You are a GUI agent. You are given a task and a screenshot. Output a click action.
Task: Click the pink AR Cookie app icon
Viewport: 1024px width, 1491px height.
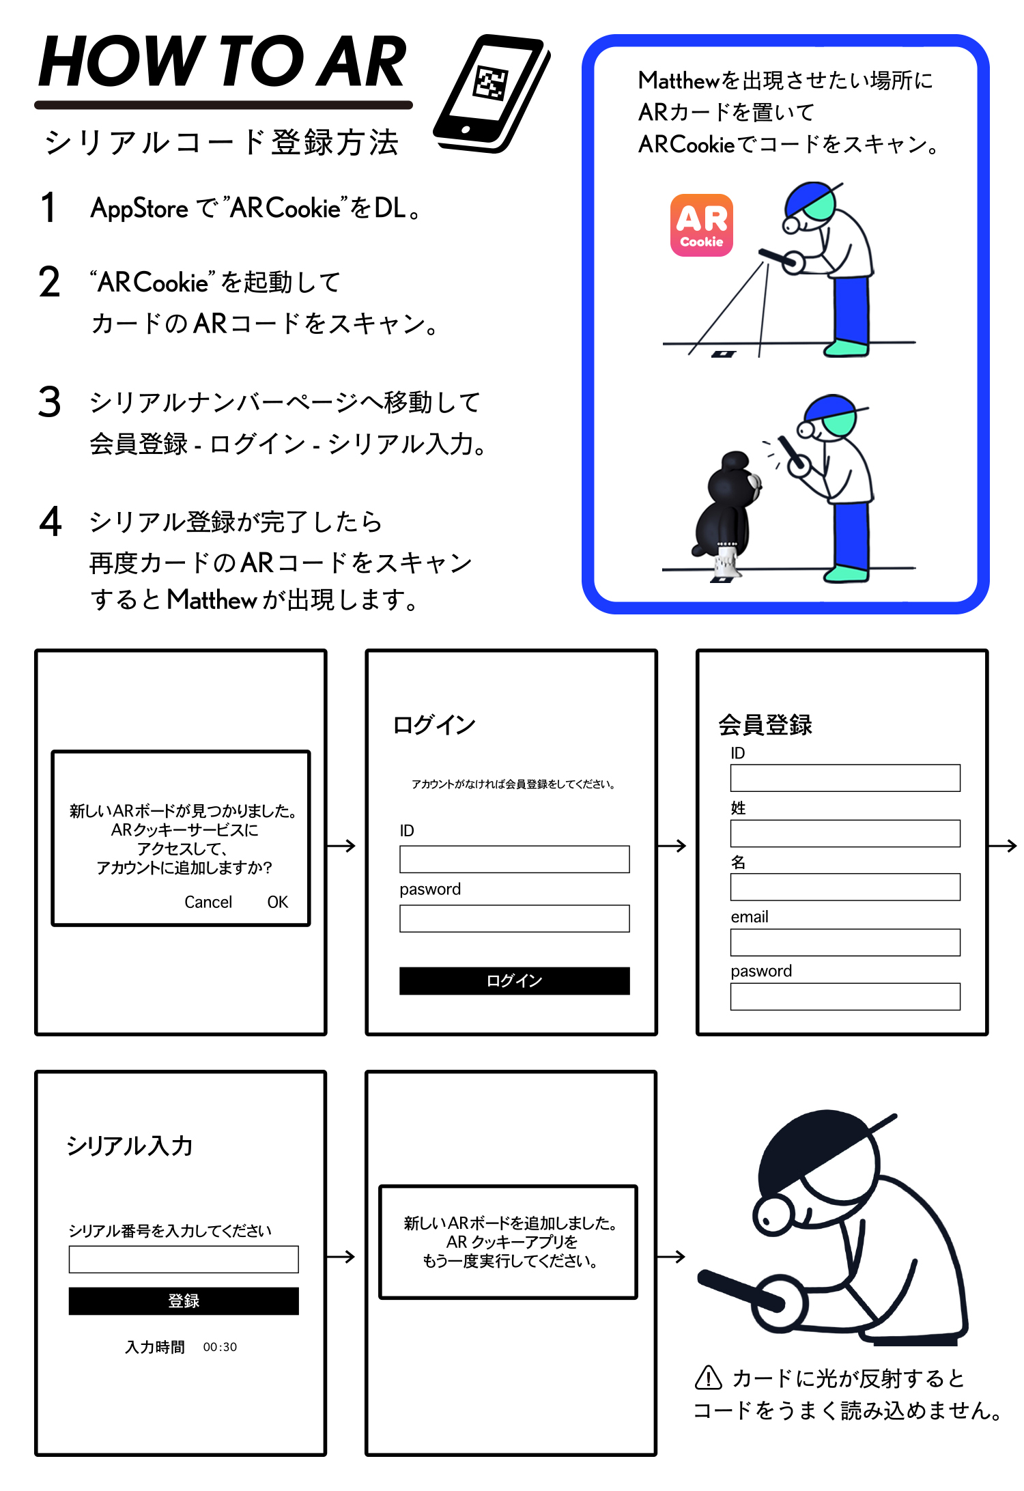pyautogui.click(x=701, y=225)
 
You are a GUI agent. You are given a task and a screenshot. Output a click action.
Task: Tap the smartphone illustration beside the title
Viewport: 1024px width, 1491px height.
pyautogui.click(x=492, y=94)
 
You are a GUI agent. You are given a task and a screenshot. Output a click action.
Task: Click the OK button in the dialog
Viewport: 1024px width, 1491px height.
pyautogui.click(x=277, y=902)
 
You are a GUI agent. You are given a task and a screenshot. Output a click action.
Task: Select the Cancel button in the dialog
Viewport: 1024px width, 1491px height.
pyautogui.click(x=208, y=902)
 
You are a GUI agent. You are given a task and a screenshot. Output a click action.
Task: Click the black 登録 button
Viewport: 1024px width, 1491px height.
pyautogui.click(x=184, y=1301)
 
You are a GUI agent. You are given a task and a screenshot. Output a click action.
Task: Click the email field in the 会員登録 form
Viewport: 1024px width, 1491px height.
pyautogui.click(x=845, y=942)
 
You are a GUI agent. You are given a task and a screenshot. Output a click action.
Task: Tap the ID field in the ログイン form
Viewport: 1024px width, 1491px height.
pyautogui.click(x=515, y=859)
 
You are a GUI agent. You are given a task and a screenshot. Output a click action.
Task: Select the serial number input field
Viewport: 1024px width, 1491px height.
pyautogui.click(x=184, y=1259)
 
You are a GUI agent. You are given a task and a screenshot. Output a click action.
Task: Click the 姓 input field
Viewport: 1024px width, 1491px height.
pyautogui.click(x=845, y=833)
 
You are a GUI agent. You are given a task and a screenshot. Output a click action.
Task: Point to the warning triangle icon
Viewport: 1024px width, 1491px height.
pyautogui.click(x=709, y=1378)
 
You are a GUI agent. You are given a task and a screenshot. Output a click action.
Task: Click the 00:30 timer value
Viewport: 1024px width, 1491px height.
pyautogui.click(x=220, y=1347)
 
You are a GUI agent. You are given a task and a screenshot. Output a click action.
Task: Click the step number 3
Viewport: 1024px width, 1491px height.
pyautogui.click(x=50, y=401)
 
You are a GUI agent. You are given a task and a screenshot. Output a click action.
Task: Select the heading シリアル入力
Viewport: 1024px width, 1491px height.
pyautogui.click(x=130, y=1146)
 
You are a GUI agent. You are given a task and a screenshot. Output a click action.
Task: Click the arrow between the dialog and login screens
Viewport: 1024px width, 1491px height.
pyautogui.click(x=342, y=846)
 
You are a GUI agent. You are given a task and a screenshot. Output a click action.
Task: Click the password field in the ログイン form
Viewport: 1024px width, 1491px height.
pyautogui.click(x=515, y=918)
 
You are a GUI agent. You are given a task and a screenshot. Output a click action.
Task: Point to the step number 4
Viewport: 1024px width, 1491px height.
pyautogui.click(x=51, y=521)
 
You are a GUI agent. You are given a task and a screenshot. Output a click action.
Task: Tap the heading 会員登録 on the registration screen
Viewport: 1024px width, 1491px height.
pyautogui.click(x=765, y=724)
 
